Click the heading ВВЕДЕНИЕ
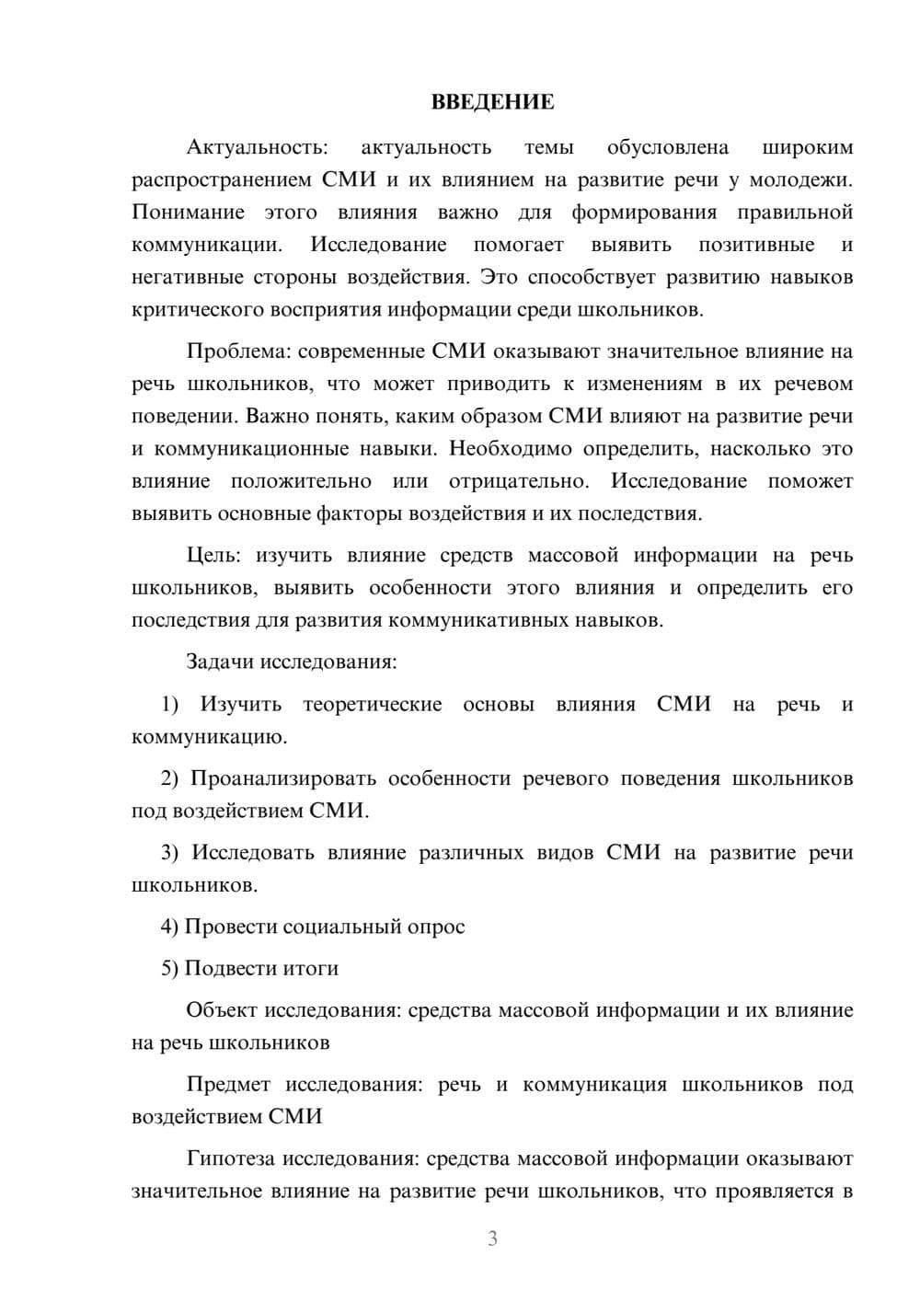point(492,102)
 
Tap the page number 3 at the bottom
point(492,1238)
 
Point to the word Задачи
point(222,662)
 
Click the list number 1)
point(169,705)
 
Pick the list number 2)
point(169,778)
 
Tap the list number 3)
point(169,853)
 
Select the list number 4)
point(169,927)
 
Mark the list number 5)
point(169,968)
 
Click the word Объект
point(222,1010)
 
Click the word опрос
point(435,927)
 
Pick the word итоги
point(311,968)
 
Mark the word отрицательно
point(518,481)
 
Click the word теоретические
point(373,705)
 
